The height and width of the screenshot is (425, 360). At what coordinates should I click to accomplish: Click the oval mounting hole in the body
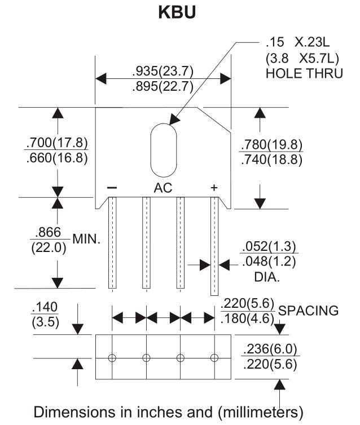click(163, 147)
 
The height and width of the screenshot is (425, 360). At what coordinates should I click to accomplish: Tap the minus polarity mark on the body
click(112, 187)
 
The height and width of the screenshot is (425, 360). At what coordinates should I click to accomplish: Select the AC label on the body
click(163, 188)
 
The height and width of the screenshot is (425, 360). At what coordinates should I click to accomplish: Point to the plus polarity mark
click(214, 187)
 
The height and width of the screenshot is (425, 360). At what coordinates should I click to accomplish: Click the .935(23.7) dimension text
click(163, 72)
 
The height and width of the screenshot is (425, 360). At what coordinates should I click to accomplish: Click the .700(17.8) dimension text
click(57, 142)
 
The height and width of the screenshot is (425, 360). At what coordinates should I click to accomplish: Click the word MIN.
click(86, 238)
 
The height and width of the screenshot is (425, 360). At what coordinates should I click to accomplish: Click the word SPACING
click(309, 310)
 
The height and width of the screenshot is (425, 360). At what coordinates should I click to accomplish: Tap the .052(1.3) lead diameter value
click(269, 247)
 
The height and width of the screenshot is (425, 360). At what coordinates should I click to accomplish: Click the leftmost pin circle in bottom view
click(112, 357)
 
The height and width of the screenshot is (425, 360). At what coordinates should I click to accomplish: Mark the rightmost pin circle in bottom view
click(214, 357)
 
